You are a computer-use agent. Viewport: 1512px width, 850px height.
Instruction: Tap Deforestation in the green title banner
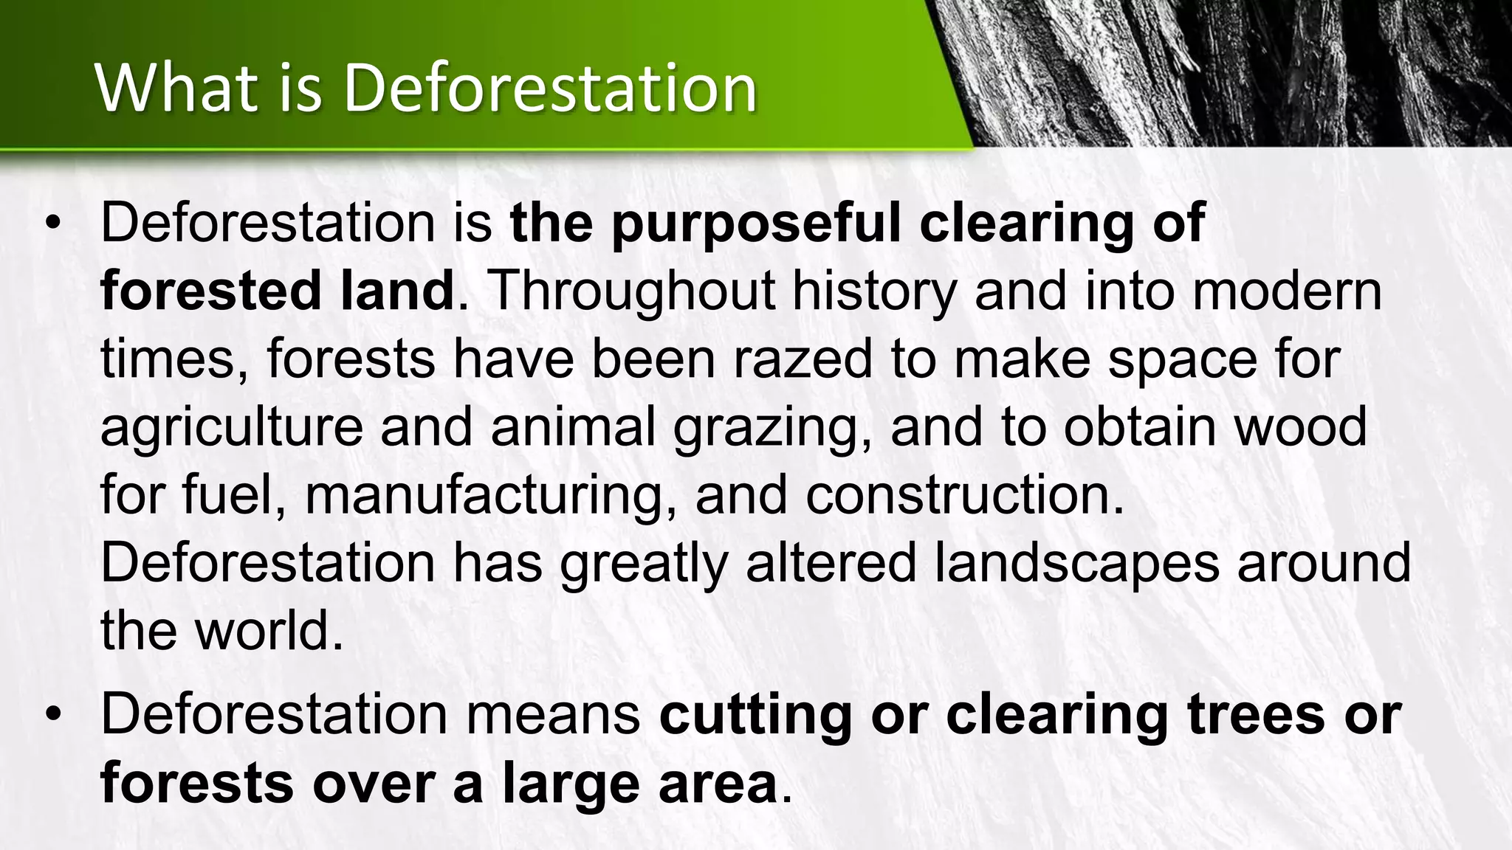tap(550, 89)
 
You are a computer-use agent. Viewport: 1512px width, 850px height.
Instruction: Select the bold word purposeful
tap(756, 223)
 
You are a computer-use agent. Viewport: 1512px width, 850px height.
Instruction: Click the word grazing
tap(772, 429)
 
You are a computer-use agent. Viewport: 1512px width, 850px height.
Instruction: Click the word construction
tap(964, 496)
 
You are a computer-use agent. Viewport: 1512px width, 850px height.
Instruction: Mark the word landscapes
tap(1076, 564)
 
